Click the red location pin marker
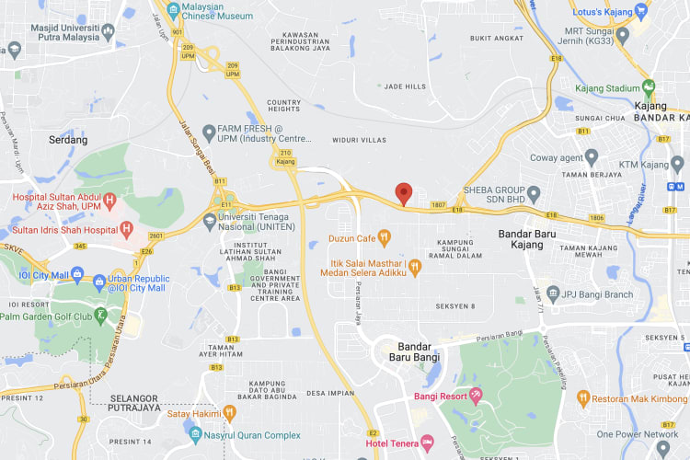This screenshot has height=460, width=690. point(403,193)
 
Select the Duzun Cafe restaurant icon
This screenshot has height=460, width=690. point(385,237)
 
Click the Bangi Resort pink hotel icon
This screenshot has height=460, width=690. point(475,397)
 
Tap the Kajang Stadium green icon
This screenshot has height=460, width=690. point(650,88)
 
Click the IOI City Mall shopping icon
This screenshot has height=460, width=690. point(76,275)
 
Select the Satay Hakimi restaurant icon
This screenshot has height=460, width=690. point(229,412)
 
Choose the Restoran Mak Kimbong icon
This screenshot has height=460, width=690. point(583,397)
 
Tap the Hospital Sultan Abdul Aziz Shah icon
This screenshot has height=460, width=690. point(109,199)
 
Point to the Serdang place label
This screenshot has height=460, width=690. point(67,140)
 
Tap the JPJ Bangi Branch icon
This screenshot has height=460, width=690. point(553,294)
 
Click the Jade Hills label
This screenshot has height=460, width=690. point(405,86)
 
